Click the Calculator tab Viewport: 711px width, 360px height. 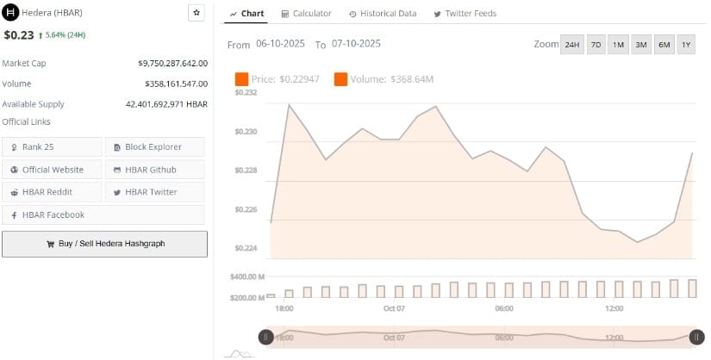coord(306,14)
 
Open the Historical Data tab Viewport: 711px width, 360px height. coord(383,14)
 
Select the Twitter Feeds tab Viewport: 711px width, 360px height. coord(465,14)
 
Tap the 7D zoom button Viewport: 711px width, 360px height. coord(596,44)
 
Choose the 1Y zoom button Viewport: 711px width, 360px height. coord(686,44)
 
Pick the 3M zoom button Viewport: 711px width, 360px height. coord(641,44)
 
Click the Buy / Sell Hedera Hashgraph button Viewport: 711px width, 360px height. coord(104,244)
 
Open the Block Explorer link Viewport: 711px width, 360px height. coord(154,146)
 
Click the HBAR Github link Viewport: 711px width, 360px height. coord(154,169)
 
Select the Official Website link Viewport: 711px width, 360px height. coord(52,169)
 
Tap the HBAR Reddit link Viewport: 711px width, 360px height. coord(52,191)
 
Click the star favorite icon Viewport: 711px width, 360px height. coord(196,13)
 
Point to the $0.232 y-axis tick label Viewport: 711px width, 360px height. coord(246,92)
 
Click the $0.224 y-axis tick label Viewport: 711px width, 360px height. coord(246,249)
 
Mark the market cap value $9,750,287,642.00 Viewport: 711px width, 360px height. coord(172,63)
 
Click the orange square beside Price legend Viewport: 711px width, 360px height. coord(241,79)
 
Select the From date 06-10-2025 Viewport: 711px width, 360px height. coord(281,43)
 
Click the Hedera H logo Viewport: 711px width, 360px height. coord(11,13)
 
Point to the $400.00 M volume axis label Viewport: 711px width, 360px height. coord(247,276)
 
